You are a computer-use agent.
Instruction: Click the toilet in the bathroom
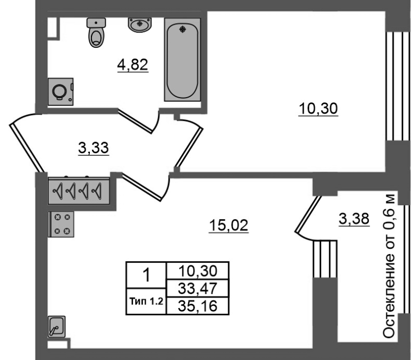[96, 32]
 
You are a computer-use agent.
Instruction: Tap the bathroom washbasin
[140, 25]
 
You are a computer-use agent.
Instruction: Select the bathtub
[182, 60]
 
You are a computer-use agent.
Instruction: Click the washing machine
[61, 92]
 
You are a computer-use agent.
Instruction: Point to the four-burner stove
[61, 224]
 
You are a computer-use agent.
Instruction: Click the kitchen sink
[57, 327]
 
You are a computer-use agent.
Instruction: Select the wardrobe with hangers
[79, 191]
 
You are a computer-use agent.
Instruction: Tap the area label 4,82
[133, 65]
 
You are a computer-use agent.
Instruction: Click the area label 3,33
[94, 148]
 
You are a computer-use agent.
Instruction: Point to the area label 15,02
[229, 226]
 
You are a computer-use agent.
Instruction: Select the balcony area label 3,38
[354, 219]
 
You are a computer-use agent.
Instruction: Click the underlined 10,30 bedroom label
[318, 109]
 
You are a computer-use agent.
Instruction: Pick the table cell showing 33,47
[198, 289]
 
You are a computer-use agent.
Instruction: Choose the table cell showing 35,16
[198, 306]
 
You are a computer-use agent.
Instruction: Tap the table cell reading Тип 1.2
[146, 301]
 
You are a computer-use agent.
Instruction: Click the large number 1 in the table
[146, 275]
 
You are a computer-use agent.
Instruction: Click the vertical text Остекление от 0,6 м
[389, 266]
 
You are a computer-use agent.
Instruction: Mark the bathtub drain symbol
[183, 29]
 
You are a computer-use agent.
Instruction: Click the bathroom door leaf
[135, 121]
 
